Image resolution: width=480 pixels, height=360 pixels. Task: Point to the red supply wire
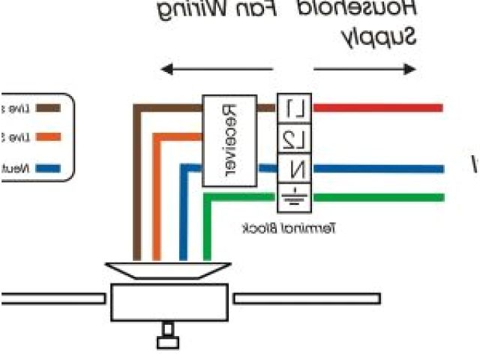[375, 108]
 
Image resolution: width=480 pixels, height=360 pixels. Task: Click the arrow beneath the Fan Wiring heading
[217, 70]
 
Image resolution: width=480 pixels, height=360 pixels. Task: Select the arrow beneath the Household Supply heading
[364, 70]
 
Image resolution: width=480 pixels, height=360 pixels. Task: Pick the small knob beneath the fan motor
[168, 335]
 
